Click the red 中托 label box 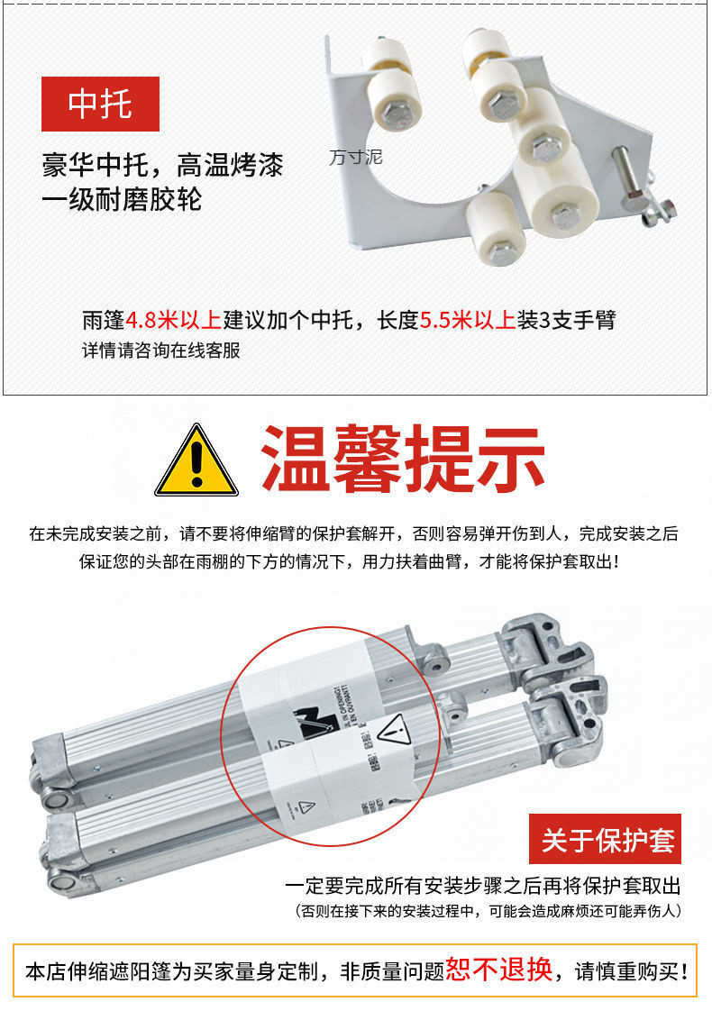pos(100,104)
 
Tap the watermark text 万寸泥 pos(356,158)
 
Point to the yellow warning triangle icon pos(196,460)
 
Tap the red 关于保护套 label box pos(605,839)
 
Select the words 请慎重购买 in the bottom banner pos(625,971)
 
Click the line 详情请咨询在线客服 pos(161,351)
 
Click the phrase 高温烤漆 pos(230,166)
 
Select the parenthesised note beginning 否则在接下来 pos(488,911)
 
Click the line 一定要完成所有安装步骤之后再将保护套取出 pos(483,885)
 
